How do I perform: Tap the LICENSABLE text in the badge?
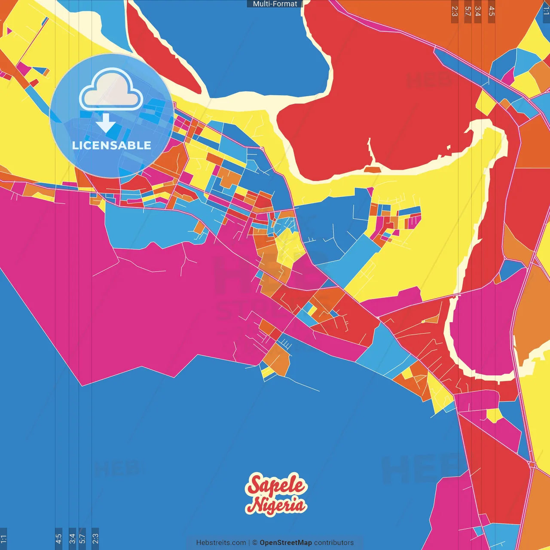112,145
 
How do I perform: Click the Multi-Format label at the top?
275,4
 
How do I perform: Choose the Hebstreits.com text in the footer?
221,543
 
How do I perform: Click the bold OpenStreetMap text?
286,543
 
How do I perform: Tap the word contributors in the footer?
334,543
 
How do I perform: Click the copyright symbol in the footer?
255,543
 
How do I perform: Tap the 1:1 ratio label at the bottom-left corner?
3,538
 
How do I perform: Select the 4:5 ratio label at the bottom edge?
58,538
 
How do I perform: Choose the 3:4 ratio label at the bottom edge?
72,538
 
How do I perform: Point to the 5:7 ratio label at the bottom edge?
82,538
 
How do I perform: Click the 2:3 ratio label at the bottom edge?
95,538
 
